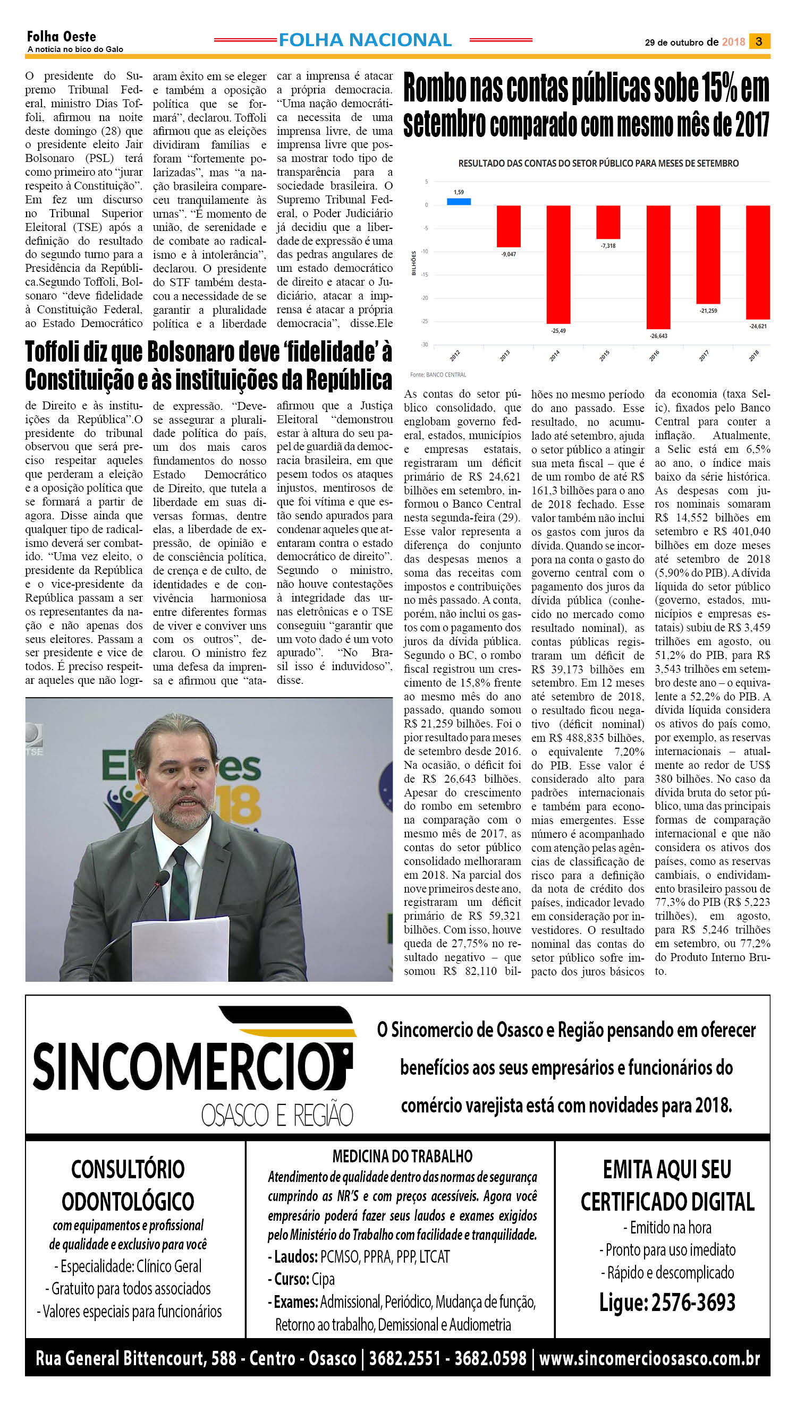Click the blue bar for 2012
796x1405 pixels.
tap(459, 201)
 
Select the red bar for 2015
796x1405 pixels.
tap(608, 222)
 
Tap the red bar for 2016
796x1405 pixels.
tap(658, 267)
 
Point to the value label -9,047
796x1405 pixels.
tap(509, 254)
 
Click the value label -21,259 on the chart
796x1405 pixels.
tap(708, 311)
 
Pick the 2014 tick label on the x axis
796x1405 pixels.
tap(554, 356)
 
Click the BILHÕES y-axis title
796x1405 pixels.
tap(414, 263)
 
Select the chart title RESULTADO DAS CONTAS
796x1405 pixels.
tap(598, 164)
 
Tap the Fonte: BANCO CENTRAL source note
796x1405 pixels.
tap(438, 375)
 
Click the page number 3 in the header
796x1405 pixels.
tap(759, 41)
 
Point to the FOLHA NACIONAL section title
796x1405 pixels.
tap(365, 40)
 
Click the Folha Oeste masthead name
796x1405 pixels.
tap(61, 37)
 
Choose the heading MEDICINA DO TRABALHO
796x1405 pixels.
tap(402, 1155)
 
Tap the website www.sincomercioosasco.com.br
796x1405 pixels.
tap(649, 1358)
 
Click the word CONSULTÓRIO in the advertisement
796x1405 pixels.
tap(128, 1169)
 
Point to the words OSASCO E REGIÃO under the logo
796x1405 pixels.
tap(277, 1115)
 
